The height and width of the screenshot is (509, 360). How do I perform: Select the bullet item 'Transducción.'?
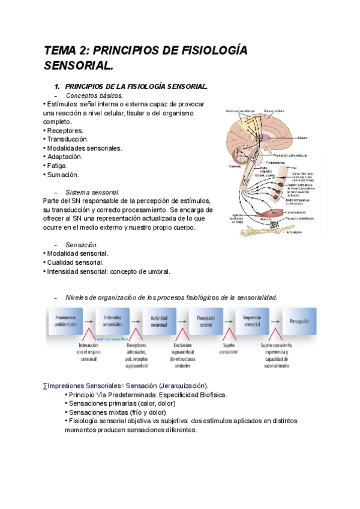click(67, 139)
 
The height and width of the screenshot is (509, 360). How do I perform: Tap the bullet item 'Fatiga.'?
click(57, 166)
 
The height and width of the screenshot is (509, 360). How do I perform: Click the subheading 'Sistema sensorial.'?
click(93, 192)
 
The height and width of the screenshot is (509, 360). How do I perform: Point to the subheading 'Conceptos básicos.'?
click(94, 95)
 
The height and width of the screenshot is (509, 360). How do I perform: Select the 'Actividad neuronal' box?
click(160, 319)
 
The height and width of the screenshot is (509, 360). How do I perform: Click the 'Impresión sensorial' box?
click(252, 319)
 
